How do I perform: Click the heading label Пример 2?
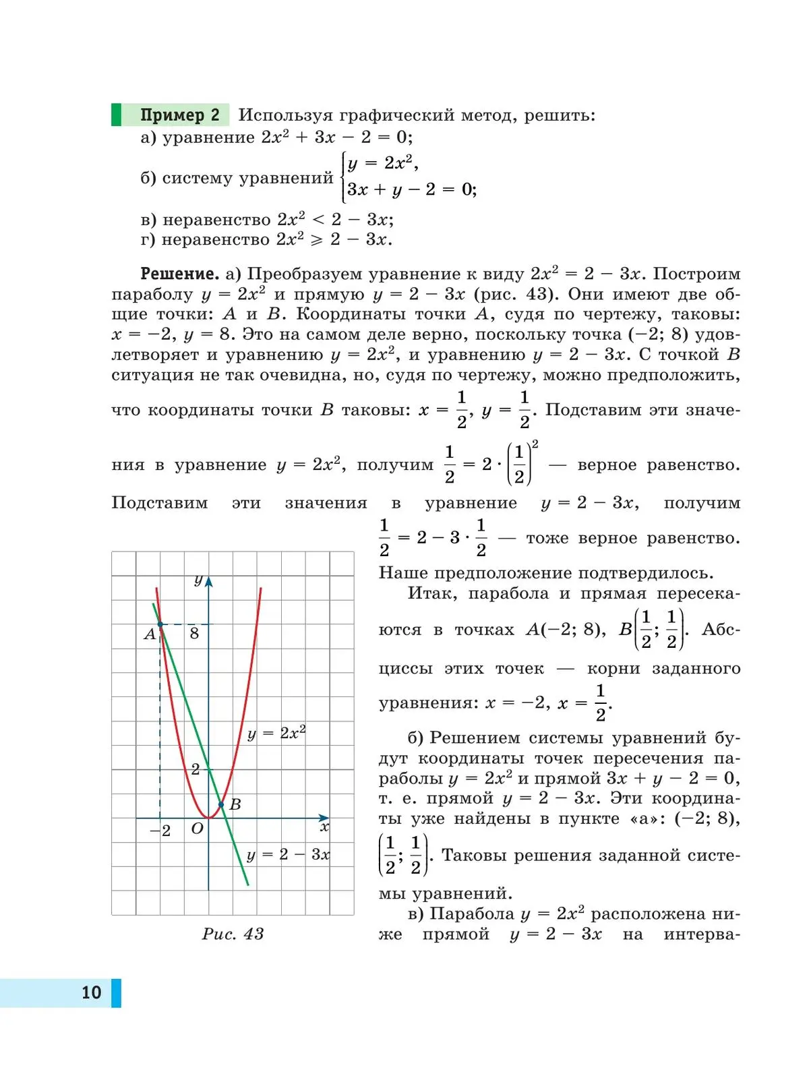[x=180, y=115]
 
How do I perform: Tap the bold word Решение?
[x=179, y=274]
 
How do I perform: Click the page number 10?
[x=91, y=992]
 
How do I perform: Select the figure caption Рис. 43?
[x=233, y=934]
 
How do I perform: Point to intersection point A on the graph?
[x=160, y=625]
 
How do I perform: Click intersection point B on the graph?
[x=221, y=804]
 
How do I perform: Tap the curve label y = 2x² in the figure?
[x=276, y=733]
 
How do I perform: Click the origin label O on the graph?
[x=197, y=829]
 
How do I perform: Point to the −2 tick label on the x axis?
[x=160, y=831]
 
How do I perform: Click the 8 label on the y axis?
[x=194, y=634]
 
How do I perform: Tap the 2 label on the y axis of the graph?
[x=196, y=769]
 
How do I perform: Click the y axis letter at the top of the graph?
[x=198, y=580]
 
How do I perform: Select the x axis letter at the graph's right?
[x=324, y=827]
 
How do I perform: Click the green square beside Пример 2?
[x=116, y=115]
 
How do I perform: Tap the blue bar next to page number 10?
[x=116, y=992]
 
